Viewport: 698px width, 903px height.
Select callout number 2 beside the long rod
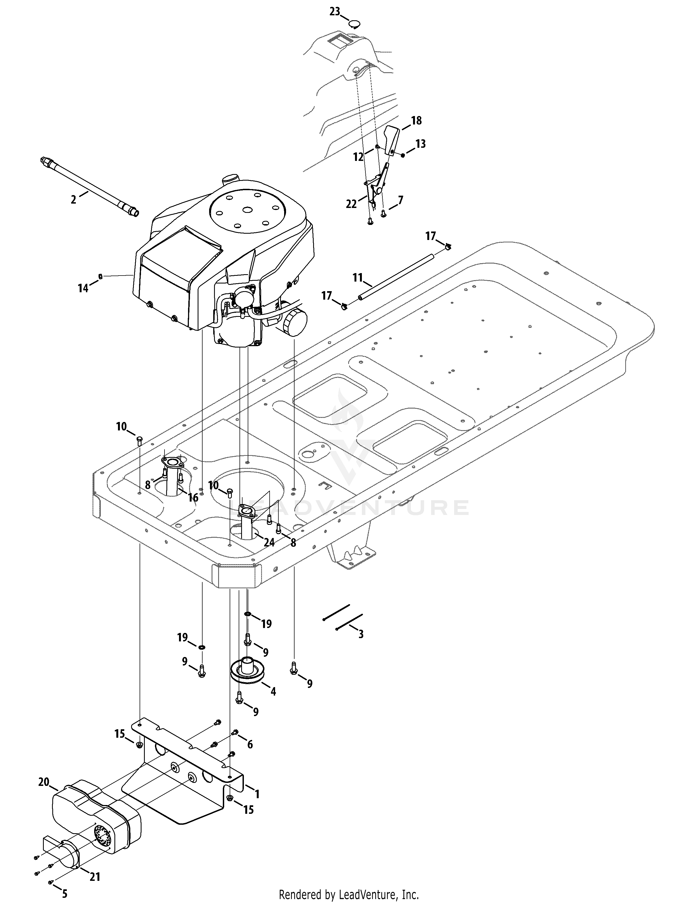tap(74, 200)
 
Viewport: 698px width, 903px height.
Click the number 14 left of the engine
tap(83, 288)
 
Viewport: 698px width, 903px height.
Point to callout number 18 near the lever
tap(416, 120)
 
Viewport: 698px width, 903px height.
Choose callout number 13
tap(420, 144)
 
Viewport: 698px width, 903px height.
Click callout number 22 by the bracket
tap(351, 204)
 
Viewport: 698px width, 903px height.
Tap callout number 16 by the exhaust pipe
tap(193, 497)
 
